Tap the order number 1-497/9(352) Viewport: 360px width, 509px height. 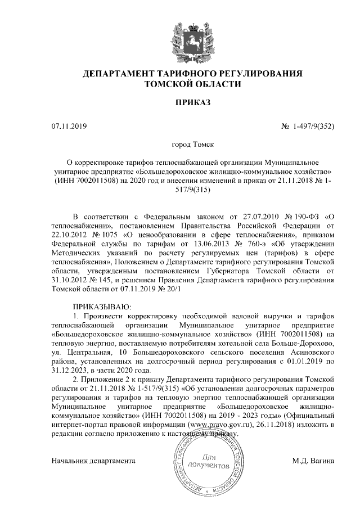tap(313, 126)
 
